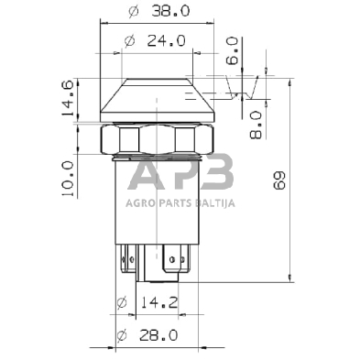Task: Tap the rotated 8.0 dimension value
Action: [x=256, y=123]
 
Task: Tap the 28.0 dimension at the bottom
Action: [x=165, y=336]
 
